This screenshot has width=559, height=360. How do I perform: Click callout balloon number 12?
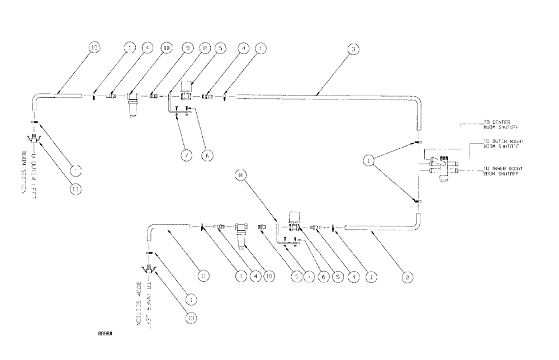(x=93, y=49)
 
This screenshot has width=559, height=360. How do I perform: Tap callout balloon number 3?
(x=353, y=49)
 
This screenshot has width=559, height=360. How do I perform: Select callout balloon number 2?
(x=409, y=276)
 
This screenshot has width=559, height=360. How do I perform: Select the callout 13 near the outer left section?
(x=76, y=190)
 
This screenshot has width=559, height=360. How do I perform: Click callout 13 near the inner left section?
(x=191, y=317)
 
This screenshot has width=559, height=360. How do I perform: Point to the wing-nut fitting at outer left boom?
(x=35, y=140)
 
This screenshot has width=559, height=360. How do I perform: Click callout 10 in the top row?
(x=166, y=49)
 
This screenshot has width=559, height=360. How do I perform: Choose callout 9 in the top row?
(x=186, y=49)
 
